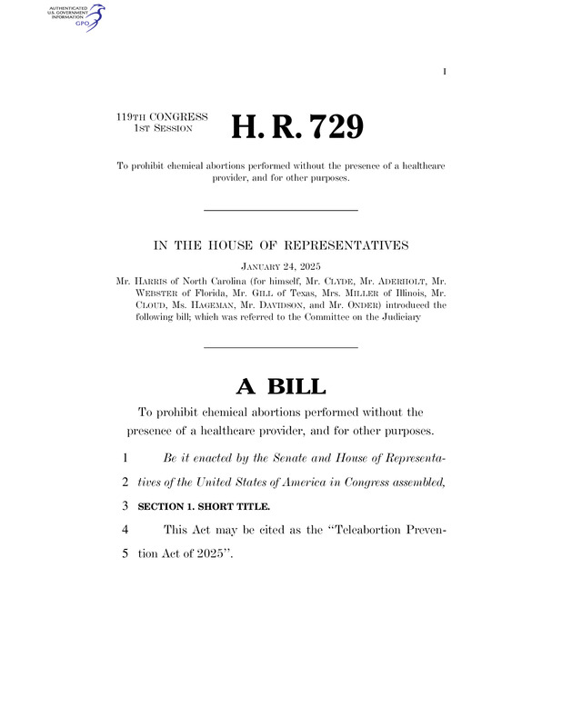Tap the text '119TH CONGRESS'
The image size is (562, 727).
click(162, 117)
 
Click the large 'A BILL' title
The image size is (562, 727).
click(280, 385)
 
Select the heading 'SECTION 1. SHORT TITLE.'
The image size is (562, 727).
click(198, 505)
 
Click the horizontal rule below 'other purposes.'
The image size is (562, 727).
click(280, 210)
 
